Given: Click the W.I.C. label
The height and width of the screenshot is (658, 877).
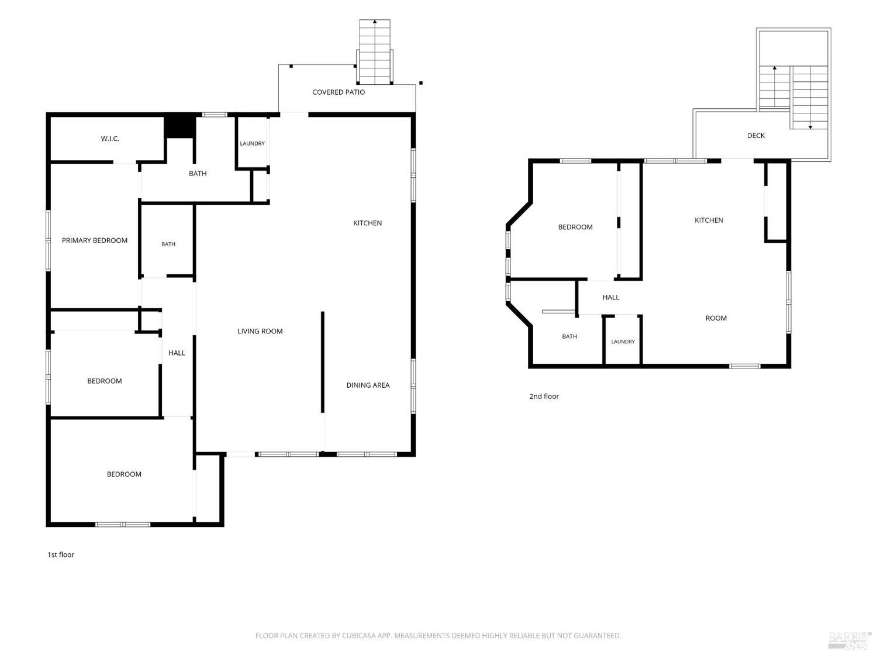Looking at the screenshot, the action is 110,139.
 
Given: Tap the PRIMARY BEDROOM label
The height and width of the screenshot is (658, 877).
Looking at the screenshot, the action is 95,240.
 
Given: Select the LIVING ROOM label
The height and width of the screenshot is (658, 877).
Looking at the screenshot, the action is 260,331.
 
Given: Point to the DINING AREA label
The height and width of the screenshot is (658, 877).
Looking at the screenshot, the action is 368,385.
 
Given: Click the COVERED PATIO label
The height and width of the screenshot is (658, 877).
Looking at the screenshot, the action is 339,92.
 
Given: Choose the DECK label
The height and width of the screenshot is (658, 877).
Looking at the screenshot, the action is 756,136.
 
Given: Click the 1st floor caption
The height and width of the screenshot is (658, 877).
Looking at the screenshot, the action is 61,554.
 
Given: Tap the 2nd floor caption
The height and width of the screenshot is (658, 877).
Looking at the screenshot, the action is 544,397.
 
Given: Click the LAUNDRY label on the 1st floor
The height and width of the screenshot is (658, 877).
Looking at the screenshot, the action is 252,143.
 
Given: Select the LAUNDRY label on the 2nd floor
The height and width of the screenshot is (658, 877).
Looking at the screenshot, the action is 623,342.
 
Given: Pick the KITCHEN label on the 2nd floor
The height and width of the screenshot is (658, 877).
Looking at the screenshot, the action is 709,220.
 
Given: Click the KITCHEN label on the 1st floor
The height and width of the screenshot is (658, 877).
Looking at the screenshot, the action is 368,223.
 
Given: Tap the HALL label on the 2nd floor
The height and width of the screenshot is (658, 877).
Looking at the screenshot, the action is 611,297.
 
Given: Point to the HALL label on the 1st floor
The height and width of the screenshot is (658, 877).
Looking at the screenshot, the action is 177,353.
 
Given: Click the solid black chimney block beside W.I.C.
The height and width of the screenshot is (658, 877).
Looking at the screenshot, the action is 181,127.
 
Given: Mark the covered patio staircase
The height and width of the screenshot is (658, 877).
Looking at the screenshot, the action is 374,51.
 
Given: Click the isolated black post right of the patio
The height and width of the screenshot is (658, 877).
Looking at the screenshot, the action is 421,83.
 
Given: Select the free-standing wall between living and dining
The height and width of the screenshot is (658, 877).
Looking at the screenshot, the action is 323,361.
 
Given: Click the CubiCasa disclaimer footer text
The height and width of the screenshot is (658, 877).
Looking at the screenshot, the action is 438,636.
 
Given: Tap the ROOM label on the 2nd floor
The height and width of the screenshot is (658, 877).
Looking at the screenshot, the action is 716,318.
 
